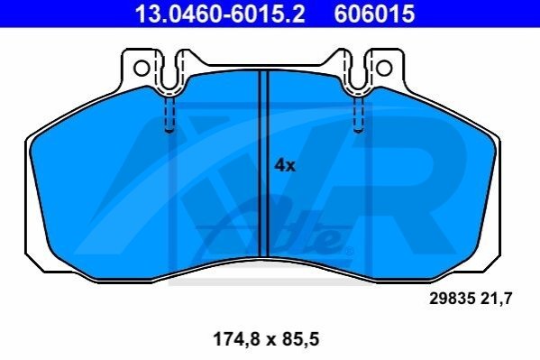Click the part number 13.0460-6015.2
220,14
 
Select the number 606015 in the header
375,14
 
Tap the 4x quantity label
285,166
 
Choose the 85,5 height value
300,339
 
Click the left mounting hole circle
142,69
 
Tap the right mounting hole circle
384,69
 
